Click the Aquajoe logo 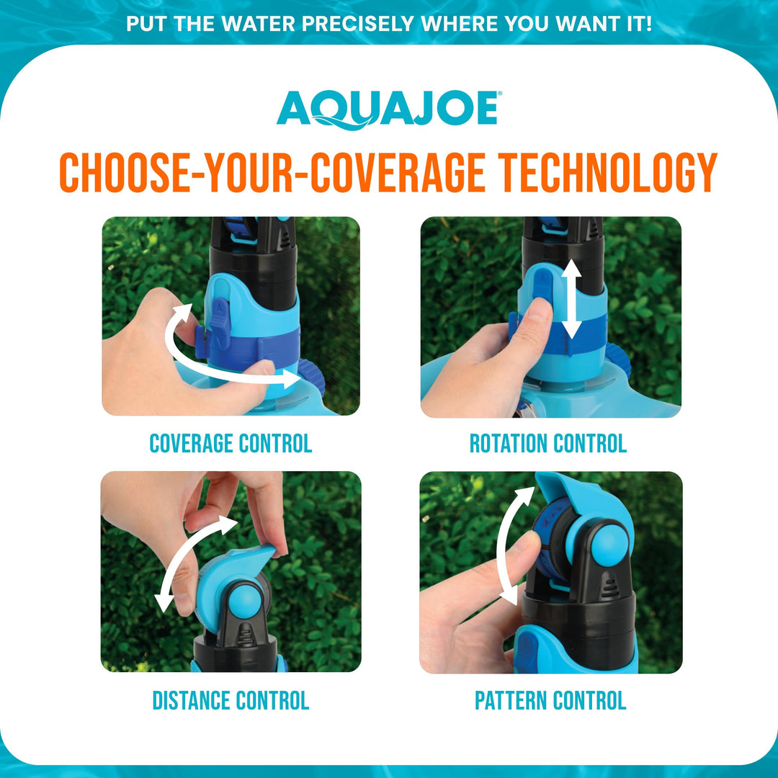(388, 110)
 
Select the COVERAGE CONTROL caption (231, 444)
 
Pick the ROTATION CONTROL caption (547, 444)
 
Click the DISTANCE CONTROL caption (231, 700)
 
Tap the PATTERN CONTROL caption (550, 700)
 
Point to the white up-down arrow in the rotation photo (572, 299)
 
